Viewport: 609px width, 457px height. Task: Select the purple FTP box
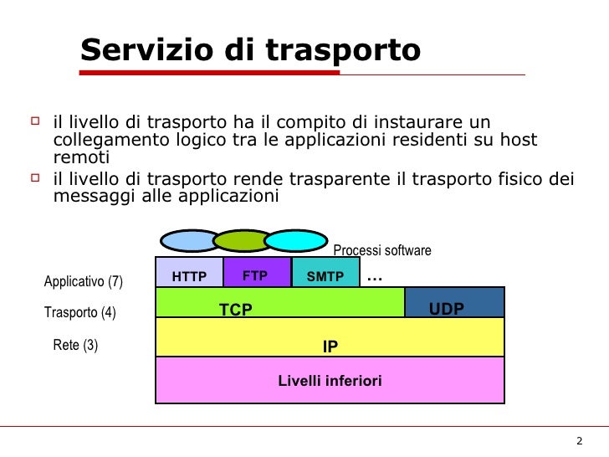[x=256, y=275]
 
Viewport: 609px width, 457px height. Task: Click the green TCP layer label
[x=236, y=310]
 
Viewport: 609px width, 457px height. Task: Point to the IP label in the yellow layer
[x=330, y=346]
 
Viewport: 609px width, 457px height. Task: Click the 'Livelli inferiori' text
[x=330, y=382]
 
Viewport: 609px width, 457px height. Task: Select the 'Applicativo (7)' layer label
[x=83, y=281]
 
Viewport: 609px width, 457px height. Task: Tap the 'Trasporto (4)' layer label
[x=79, y=313]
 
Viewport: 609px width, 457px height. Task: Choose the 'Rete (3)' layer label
[x=75, y=345]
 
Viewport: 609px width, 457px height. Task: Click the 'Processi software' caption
[x=382, y=250]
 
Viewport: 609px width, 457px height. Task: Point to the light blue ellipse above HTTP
[x=189, y=241]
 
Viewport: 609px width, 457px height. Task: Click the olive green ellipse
[x=243, y=241]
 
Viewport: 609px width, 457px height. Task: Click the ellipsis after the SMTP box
[x=374, y=277]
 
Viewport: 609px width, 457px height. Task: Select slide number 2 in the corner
[x=580, y=442]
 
